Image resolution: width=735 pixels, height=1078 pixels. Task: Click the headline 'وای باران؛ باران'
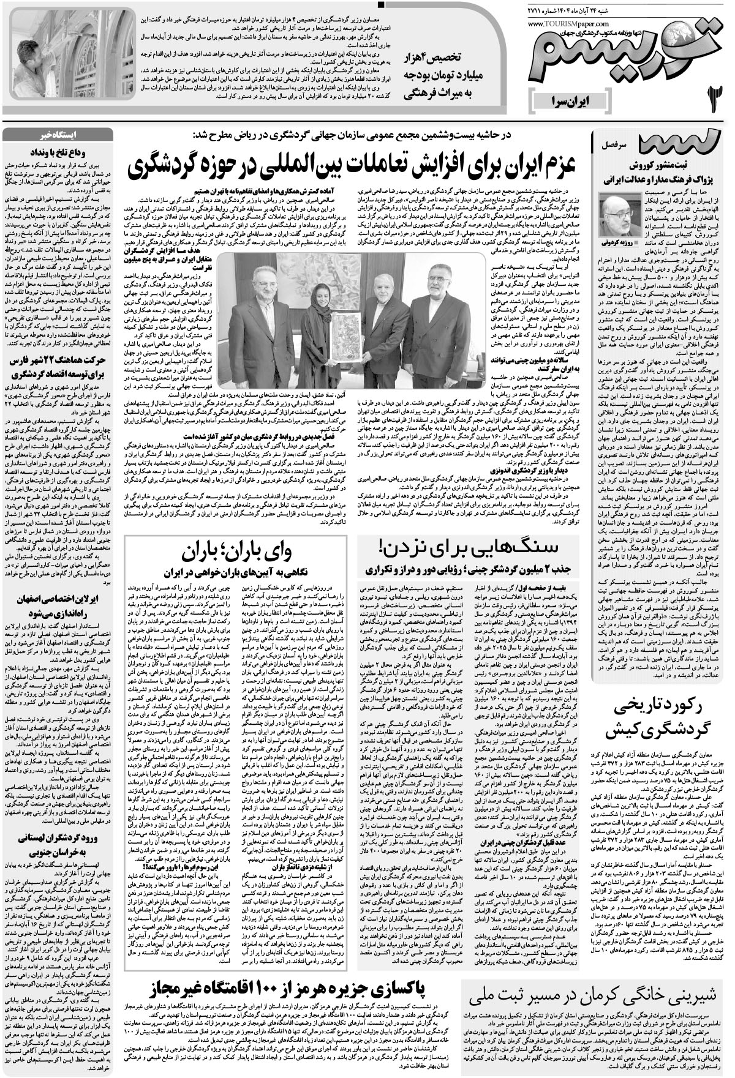242,552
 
